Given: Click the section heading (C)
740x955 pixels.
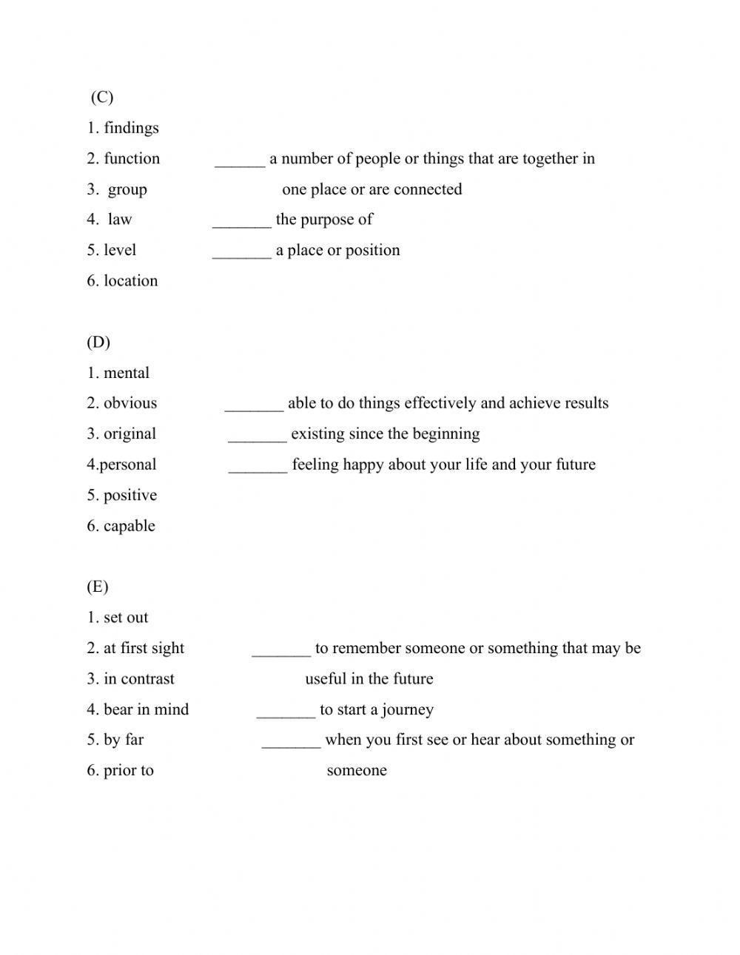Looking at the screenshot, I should point(102,97).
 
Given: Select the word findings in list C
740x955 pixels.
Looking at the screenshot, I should point(131,128).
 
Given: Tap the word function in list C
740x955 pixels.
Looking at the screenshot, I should point(132,158).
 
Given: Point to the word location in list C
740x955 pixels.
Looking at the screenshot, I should point(130,281).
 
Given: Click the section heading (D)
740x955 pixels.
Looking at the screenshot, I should point(98,342).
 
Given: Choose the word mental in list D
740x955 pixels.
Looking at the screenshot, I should point(127,373).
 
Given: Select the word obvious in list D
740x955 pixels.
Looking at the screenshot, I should point(130,403).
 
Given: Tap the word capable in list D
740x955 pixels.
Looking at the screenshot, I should point(129,526).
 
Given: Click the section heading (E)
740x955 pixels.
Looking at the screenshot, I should point(98,587).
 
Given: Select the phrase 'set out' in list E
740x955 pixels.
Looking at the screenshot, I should point(126,618).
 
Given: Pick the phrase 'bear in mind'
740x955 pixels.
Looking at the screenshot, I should point(146,709).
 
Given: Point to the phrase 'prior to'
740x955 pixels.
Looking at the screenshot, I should point(128,771).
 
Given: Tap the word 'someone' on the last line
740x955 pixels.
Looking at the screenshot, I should point(357,771).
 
